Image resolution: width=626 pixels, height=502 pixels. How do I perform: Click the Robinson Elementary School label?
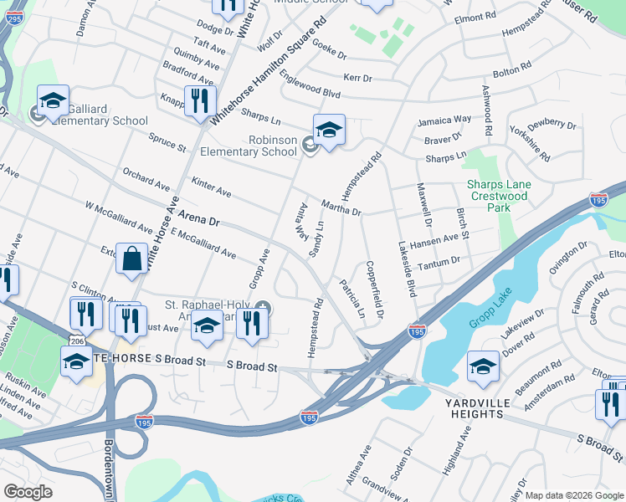(249, 146)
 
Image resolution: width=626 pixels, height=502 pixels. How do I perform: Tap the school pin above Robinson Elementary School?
(329, 131)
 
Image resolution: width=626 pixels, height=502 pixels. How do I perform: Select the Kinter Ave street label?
(211, 187)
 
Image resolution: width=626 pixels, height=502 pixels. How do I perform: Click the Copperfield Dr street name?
(373, 290)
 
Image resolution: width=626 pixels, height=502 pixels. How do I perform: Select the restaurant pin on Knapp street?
(200, 102)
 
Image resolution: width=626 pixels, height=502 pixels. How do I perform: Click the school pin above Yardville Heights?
(483, 367)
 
